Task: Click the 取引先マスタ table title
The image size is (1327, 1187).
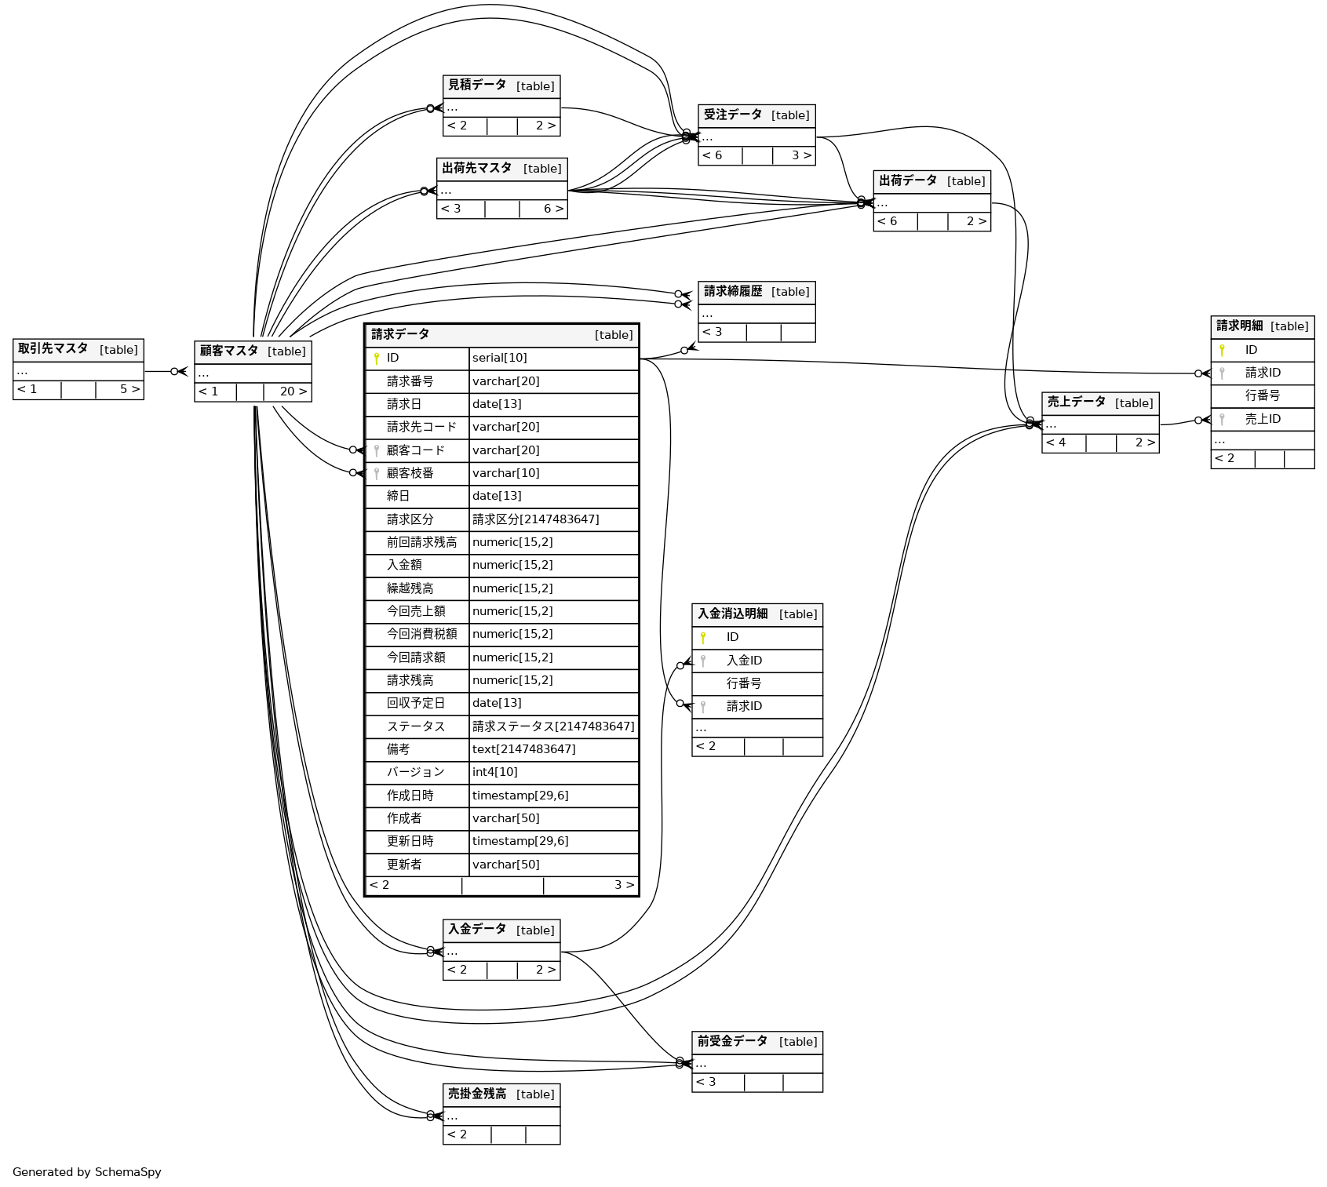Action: (53, 349)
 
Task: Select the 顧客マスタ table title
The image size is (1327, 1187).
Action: (229, 351)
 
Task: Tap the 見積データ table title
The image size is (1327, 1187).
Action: (477, 86)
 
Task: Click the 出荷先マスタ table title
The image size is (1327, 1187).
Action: (477, 168)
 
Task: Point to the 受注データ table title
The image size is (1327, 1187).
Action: (733, 115)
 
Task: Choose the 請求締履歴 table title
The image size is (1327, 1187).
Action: (733, 291)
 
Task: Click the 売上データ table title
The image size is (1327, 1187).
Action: (1077, 402)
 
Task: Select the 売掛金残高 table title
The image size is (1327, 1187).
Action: (477, 1094)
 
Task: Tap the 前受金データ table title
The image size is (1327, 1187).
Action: (732, 1041)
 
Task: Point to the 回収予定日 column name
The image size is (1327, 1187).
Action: (416, 703)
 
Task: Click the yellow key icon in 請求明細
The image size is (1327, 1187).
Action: (1222, 350)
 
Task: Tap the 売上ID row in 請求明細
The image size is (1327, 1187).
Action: (1263, 419)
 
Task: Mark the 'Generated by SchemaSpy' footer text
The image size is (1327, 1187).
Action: (87, 1172)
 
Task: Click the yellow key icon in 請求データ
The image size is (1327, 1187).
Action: (377, 359)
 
